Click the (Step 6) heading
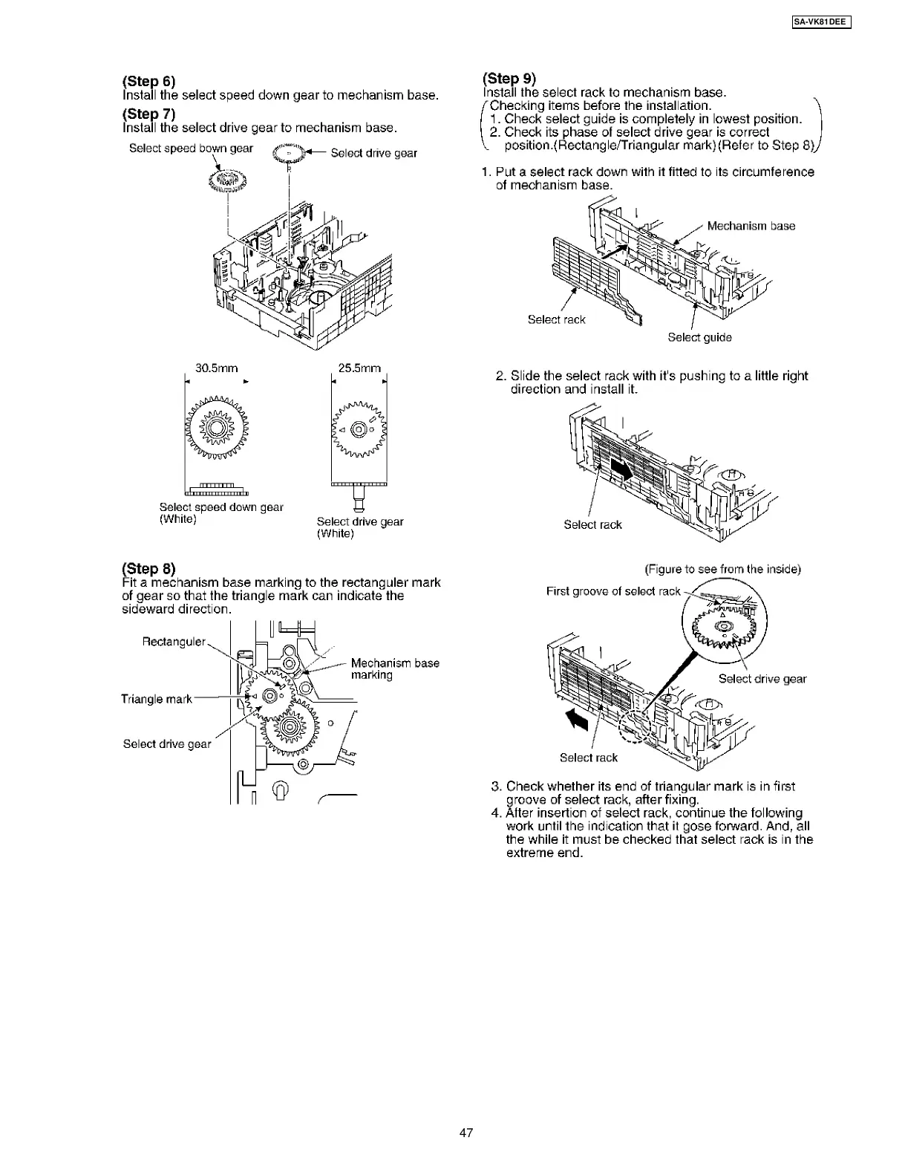pos(148,81)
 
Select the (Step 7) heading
pos(148,114)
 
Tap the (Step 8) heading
pos(148,569)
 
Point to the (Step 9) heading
pos(509,78)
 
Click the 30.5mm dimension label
pos(216,368)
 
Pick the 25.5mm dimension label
pos(359,368)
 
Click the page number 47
pos(466,1133)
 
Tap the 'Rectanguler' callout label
pos(174,642)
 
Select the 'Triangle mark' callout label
pos(156,699)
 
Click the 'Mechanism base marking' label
pos(394,668)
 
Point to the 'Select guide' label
pos(699,337)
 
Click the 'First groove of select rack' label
pos(613,591)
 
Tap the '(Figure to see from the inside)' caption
pos(722,570)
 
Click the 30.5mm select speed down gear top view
pos(216,429)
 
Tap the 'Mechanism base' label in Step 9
pos(751,226)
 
